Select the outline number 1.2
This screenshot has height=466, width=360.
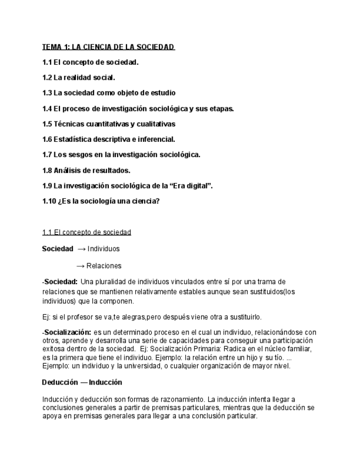(47, 77)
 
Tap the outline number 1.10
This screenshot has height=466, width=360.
(49, 201)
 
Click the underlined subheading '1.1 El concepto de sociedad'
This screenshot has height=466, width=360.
(87, 232)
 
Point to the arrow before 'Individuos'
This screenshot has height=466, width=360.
(81, 249)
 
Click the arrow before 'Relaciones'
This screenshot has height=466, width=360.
(80, 266)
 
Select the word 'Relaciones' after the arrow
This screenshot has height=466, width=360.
(104, 266)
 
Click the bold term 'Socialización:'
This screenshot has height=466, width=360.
(68, 332)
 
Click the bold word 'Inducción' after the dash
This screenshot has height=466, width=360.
(106, 382)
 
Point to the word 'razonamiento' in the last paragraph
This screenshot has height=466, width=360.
(181, 399)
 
